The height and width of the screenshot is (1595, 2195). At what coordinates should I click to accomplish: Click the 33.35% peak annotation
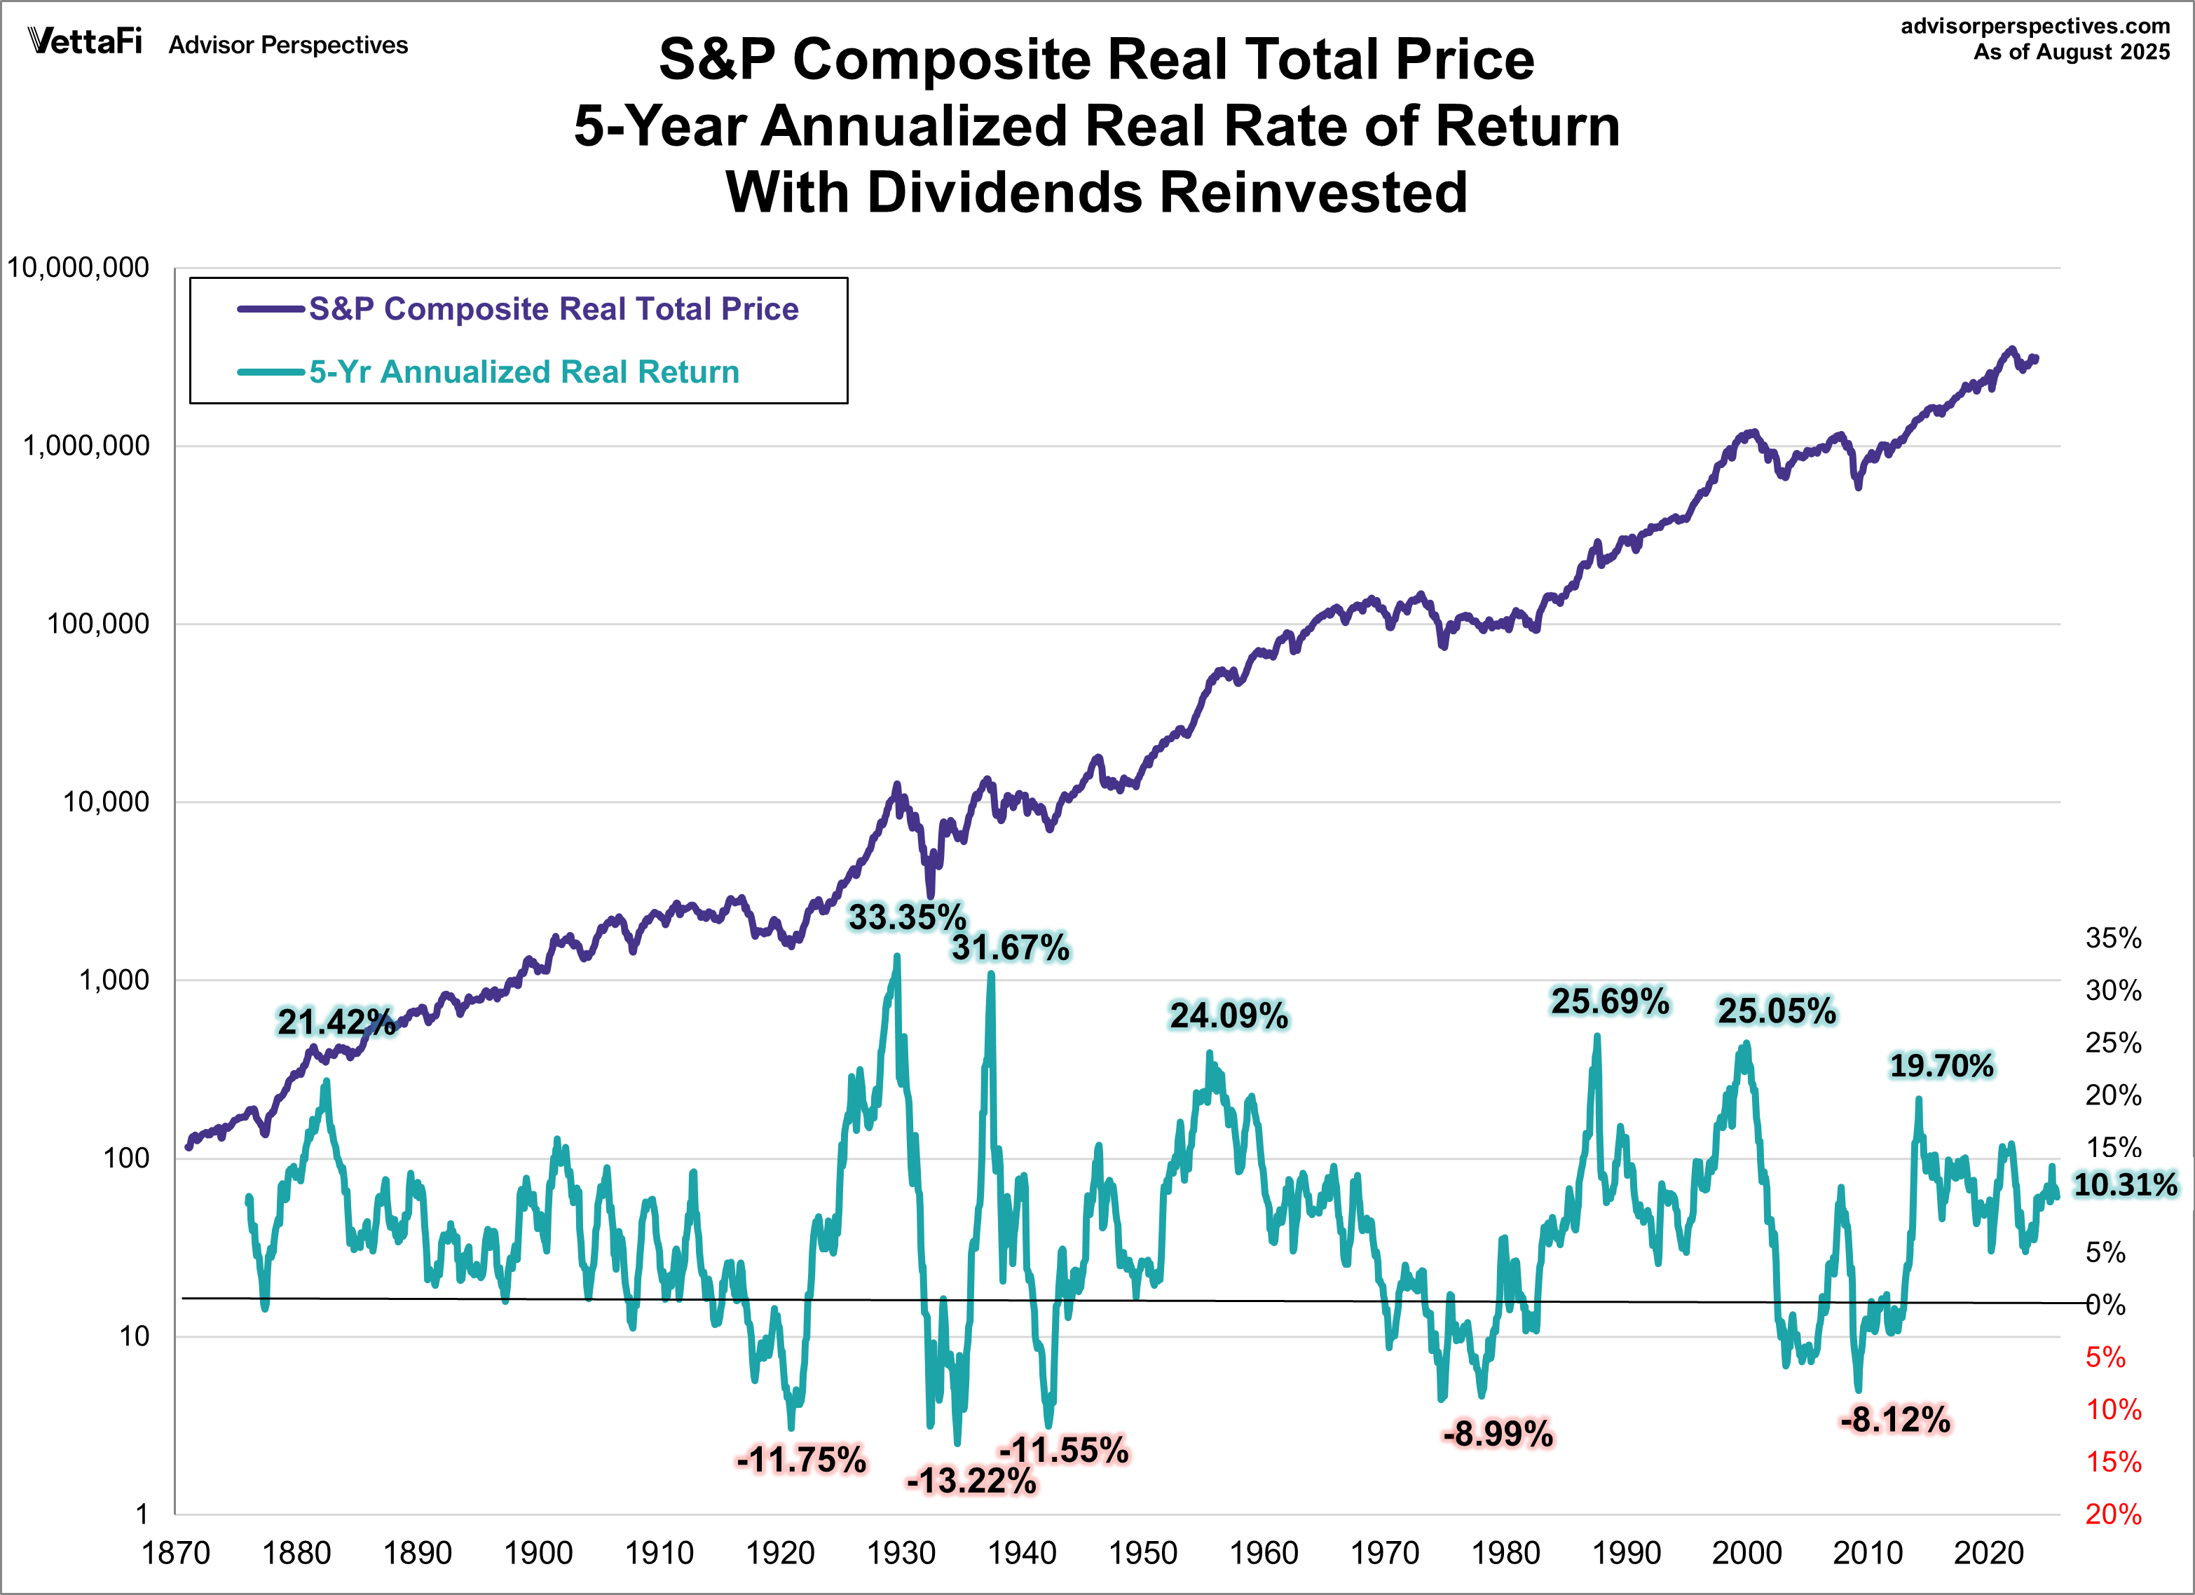coord(907,917)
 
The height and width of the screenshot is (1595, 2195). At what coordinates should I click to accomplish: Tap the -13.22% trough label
coord(971,1481)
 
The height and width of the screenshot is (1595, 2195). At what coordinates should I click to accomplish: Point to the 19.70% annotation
coord(1941,1066)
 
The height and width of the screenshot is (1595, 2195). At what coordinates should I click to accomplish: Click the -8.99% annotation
coord(1497,1433)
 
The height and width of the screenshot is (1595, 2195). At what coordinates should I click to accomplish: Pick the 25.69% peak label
coord(1610,1001)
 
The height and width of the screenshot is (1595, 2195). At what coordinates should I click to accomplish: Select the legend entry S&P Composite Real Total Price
coord(553,309)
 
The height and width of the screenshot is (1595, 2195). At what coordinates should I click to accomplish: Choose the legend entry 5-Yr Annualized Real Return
coord(524,371)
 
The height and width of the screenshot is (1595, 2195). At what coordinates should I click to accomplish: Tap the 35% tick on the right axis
coord(2113,938)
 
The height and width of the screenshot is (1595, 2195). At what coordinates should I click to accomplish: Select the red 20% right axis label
coord(2113,1514)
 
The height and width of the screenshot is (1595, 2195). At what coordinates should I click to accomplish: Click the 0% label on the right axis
coord(2106,1305)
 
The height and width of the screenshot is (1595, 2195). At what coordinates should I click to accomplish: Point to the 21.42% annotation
coord(336,1022)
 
